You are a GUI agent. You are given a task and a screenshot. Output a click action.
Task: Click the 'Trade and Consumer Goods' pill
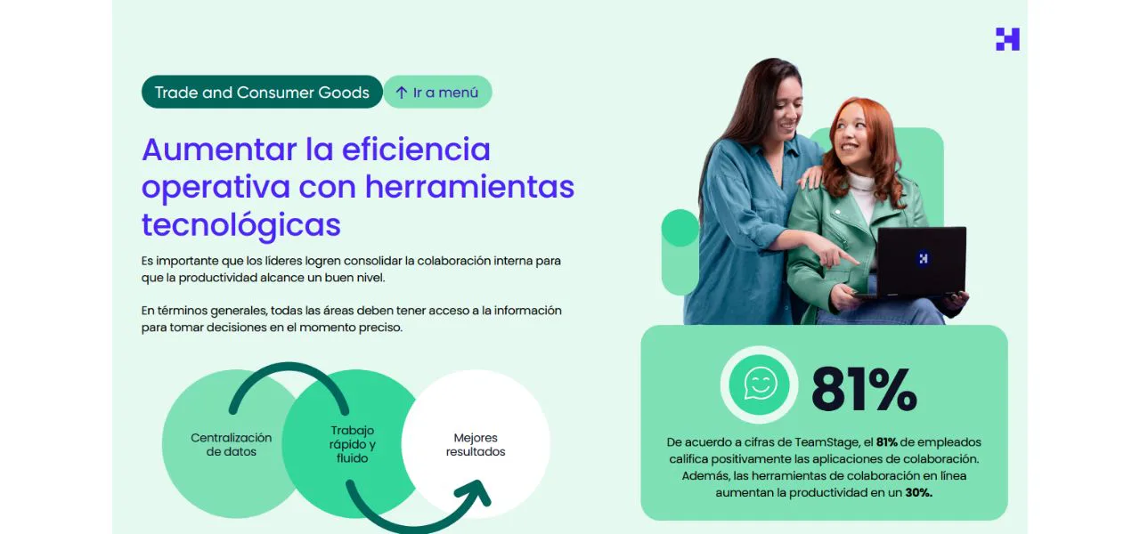click(262, 93)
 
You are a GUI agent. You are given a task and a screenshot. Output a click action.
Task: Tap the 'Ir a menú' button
click(437, 93)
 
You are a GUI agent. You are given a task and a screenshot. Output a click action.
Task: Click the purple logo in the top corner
click(1007, 39)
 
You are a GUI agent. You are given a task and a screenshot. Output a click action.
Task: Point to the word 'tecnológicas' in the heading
click(240, 224)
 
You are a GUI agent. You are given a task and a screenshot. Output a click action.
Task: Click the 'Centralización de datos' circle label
click(231, 444)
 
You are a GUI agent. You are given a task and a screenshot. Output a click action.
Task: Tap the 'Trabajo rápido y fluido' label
click(353, 444)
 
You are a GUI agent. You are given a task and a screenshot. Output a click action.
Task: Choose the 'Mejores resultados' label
click(476, 444)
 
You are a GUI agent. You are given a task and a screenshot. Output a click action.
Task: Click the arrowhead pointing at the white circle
click(476, 494)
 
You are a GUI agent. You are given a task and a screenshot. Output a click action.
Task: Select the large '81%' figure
click(863, 389)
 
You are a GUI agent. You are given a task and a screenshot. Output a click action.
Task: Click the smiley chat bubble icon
click(760, 384)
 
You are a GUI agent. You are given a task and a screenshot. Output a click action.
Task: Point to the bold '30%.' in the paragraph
click(919, 493)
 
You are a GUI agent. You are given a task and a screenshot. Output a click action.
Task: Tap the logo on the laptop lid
click(923, 258)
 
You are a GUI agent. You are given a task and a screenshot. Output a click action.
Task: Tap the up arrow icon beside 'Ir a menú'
click(402, 93)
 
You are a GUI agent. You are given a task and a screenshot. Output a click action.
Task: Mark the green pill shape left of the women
click(680, 252)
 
